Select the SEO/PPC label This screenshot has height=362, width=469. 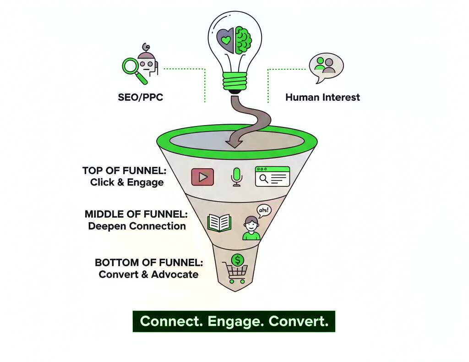[140, 98]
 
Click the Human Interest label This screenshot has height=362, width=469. [322, 97]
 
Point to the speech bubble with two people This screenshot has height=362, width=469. [325, 66]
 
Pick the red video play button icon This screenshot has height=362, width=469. [202, 177]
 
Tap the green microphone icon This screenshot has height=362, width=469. [236, 176]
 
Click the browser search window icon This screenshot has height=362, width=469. [273, 176]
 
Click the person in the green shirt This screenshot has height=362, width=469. [251, 228]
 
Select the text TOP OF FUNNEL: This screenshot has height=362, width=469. [124, 171]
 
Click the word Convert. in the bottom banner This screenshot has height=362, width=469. [299, 321]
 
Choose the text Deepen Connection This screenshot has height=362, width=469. [137, 226]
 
